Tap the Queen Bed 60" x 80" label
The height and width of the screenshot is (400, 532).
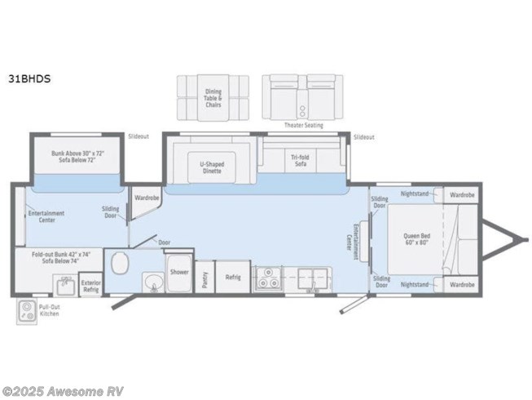pyautogui.click(x=416, y=239)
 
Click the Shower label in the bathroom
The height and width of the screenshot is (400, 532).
pyautogui.click(x=179, y=272)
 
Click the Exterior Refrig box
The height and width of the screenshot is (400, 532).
pyautogui.click(x=90, y=287)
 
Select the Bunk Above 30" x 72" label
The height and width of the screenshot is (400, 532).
pyautogui.click(x=78, y=157)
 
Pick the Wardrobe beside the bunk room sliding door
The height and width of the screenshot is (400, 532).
pyautogui.click(x=147, y=197)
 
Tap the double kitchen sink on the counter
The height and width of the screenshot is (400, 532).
pyautogui.click(x=310, y=276)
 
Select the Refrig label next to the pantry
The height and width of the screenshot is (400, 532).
pyautogui.click(x=232, y=277)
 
